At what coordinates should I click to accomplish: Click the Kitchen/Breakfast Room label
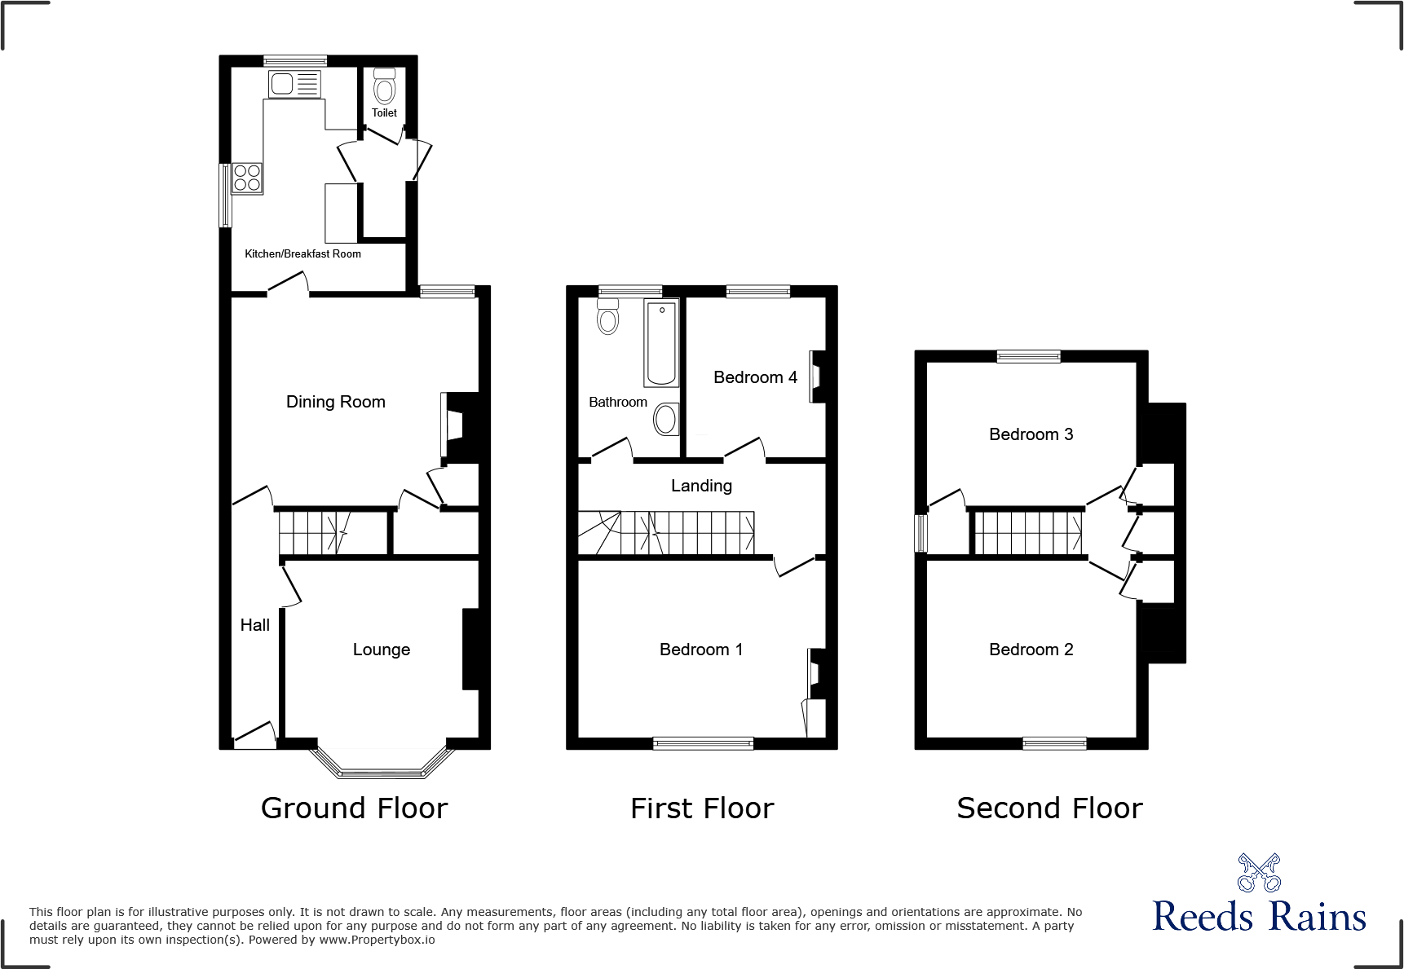(302, 254)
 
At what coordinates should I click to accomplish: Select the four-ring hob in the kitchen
(247, 178)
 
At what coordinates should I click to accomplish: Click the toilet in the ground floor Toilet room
(384, 87)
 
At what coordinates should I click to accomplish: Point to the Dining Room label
(335, 402)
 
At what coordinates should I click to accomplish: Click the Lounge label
(381, 650)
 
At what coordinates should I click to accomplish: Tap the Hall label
(254, 625)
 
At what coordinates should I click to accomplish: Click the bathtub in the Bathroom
(661, 342)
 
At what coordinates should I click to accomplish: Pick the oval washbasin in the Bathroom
(665, 420)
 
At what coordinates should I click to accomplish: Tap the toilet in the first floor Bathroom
(607, 317)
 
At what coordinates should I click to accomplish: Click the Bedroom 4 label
(755, 377)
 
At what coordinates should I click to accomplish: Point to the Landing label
(701, 486)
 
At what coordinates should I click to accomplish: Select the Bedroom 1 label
(700, 650)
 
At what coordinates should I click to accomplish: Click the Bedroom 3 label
(1031, 434)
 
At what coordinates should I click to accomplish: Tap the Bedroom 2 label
(1031, 650)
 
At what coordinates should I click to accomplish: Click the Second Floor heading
(1049, 808)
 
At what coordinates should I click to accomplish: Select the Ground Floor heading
(354, 808)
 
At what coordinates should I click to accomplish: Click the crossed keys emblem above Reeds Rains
(1259, 873)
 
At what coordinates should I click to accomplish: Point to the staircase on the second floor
(1028, 532)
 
